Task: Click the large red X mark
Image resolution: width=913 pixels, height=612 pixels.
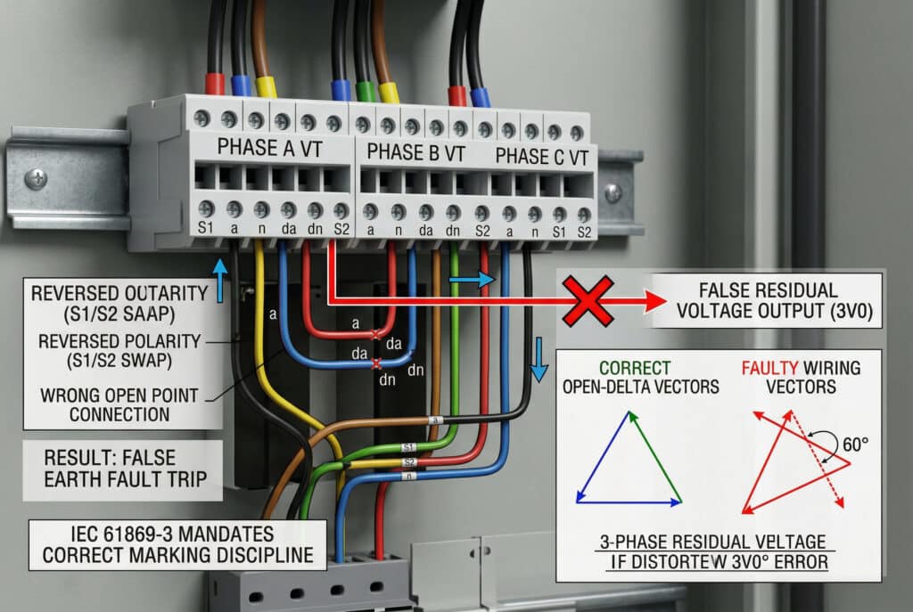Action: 585,301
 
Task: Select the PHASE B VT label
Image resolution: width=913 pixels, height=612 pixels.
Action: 415,152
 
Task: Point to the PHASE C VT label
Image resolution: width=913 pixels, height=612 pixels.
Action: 542,158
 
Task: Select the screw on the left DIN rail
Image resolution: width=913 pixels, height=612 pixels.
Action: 37,179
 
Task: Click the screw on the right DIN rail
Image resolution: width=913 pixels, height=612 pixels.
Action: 613,192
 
